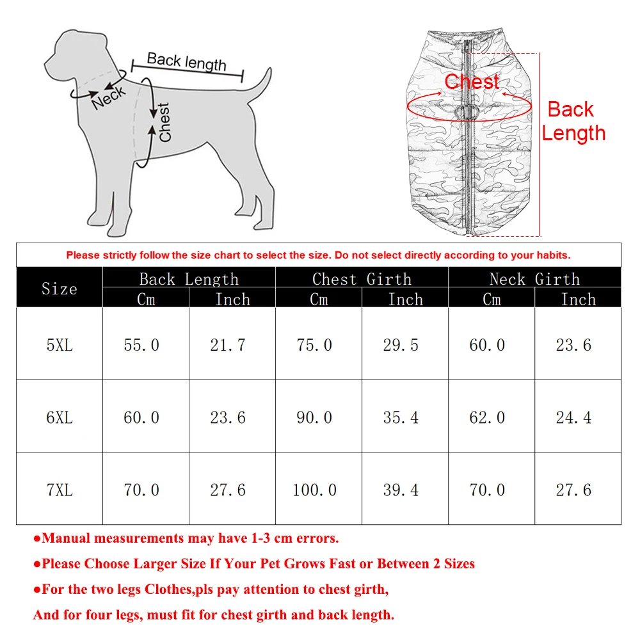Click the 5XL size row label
[x=60, y=345]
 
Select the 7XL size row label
[x=60, y=490]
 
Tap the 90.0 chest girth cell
[x=314, y=418]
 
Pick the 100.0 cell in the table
[x=314, y=490]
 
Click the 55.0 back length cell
[x=141, y=345]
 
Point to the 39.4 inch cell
[x=401, y=490]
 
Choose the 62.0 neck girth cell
[x=487, y=418]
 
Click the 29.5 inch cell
[x=401, y=345]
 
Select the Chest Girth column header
[x=362, y=279]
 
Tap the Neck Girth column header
[x=534, y=279]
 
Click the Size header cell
[x=60, y=289]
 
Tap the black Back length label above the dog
[x=186, y=61]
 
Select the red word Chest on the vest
[x=472, y=82]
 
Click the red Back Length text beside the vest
[x=572, y=121]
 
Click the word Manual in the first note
[x=67, y=538]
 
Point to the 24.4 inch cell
[x=573, y=418]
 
